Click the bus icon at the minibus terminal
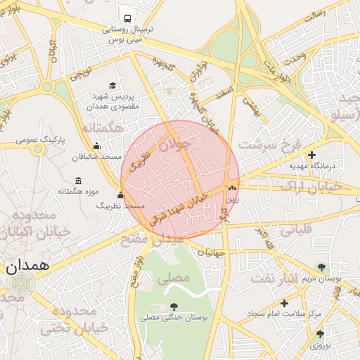127,18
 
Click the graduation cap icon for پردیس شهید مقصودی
112,84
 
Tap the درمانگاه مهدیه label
314,167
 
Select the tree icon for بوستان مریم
321,267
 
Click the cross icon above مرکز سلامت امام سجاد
284,302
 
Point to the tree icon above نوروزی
320,334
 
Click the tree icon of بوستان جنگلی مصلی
174,307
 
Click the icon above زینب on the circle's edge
231,188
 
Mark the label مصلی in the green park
174,278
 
